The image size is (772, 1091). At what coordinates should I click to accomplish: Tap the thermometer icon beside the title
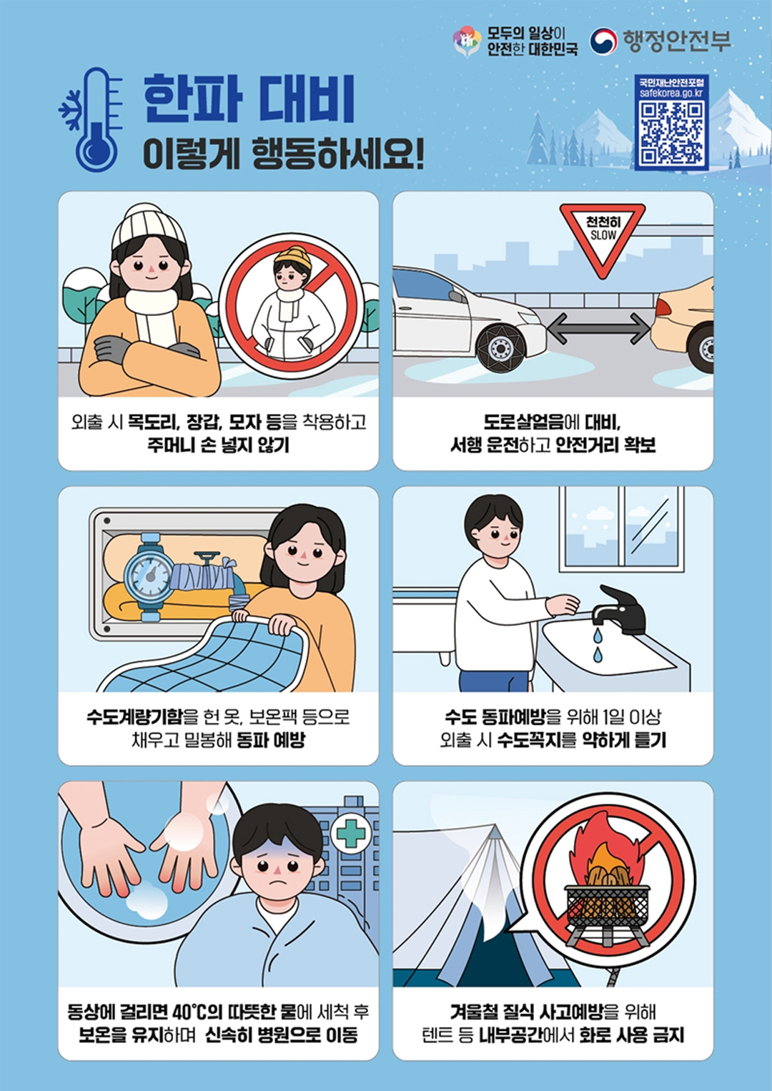click(97, 119)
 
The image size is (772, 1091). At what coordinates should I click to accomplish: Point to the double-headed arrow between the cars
click(598, 328)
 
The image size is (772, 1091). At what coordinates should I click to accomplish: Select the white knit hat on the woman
click(148, 227)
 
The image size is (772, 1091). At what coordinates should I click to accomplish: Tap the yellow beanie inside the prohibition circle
click(293, 257)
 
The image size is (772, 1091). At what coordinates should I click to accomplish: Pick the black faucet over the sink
click(618, 609)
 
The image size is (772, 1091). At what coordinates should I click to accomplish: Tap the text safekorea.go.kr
click(671, 93)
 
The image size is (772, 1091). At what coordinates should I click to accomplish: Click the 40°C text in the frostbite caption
click(189, 1012)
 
